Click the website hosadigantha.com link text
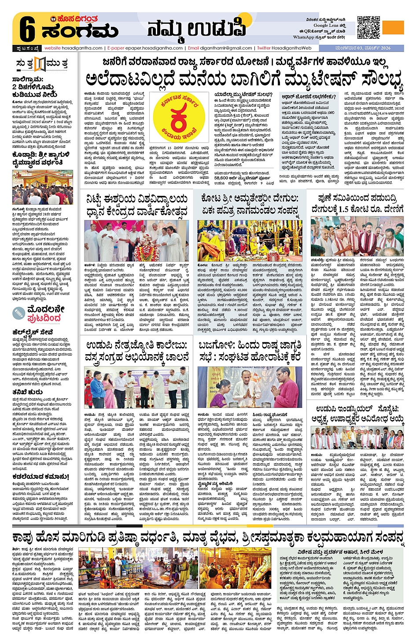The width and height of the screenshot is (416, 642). click(74, 48)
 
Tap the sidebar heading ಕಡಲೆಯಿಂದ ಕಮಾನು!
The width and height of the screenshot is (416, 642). click(41, 477)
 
